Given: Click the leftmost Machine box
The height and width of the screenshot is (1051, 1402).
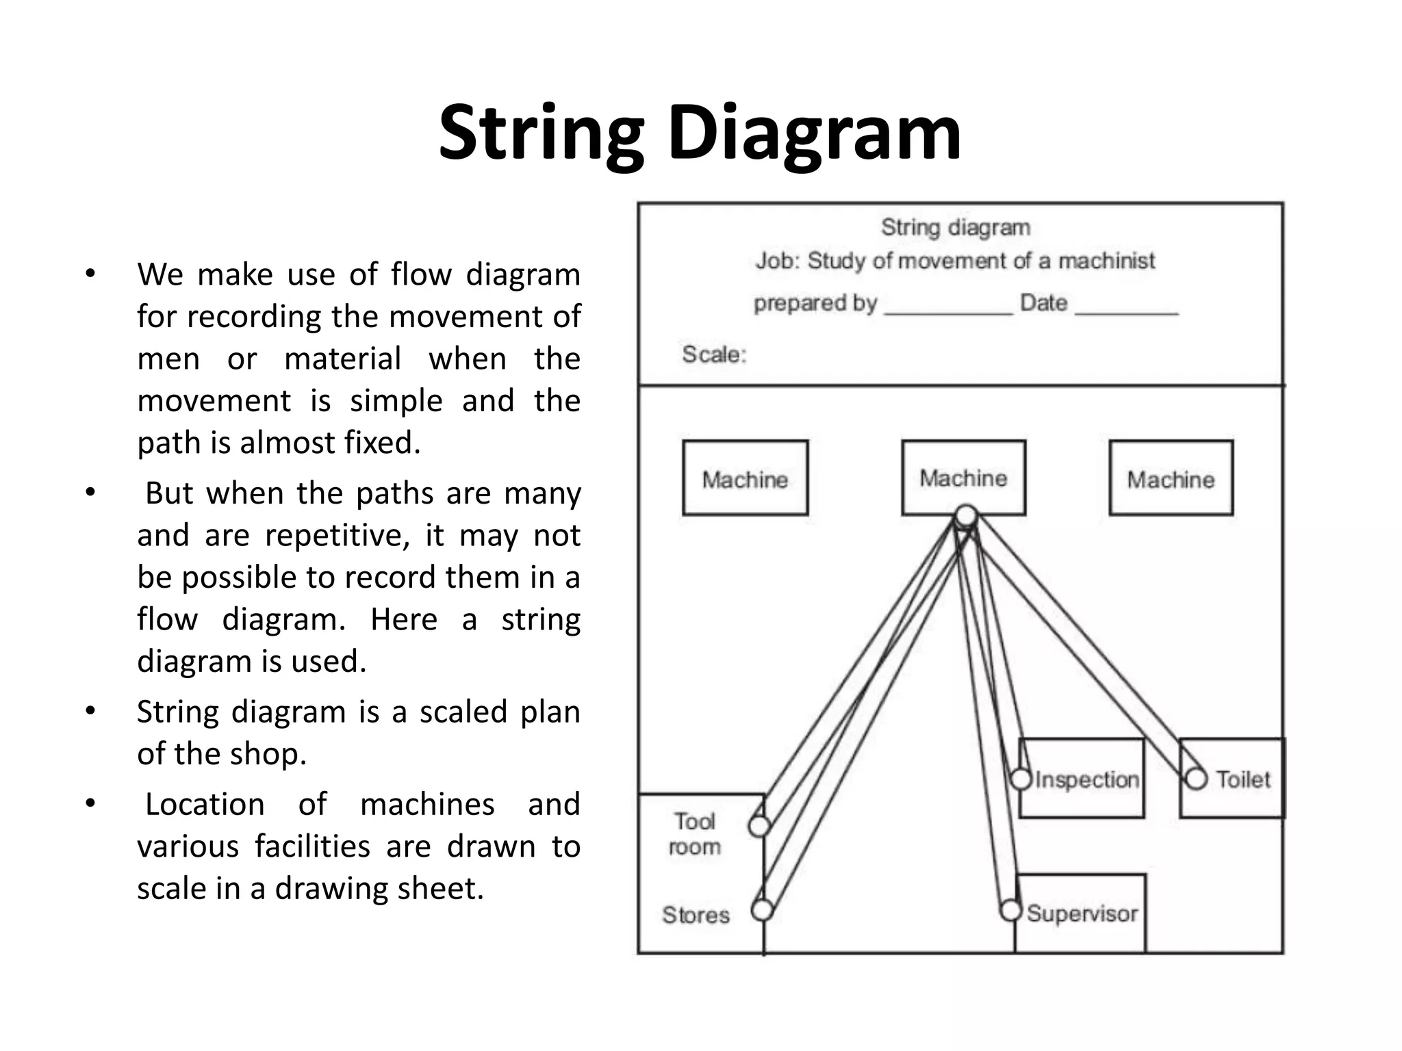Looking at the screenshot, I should (745, 478).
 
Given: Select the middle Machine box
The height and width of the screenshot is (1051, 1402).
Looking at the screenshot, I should (963, 477).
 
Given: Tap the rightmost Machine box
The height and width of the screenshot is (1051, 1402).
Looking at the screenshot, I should (1171, 478).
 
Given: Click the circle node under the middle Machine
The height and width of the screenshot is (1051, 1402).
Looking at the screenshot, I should (966, 515).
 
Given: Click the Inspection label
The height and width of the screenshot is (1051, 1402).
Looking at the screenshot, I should (1086, 779).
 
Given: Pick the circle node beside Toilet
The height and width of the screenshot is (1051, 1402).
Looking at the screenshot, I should (1196, 779).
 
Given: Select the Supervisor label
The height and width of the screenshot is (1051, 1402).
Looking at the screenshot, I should (1082, 913).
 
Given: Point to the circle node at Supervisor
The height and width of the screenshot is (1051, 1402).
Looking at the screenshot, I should (1010, 911).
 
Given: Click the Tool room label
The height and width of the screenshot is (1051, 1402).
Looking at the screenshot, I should (695, 834).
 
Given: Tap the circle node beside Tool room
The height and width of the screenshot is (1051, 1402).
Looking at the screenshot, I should (759, 826).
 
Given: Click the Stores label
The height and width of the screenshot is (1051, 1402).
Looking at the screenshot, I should (696, 915).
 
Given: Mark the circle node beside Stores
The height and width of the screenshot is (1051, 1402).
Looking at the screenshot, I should (762, 910).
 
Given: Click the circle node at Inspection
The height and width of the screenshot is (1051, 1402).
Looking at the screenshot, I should (1021, 779).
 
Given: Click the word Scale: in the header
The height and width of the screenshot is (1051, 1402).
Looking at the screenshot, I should (713, 354).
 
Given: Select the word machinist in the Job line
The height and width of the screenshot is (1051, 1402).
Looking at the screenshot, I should (1106, 261).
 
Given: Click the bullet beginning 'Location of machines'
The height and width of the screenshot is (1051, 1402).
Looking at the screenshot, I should (358, 846).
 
